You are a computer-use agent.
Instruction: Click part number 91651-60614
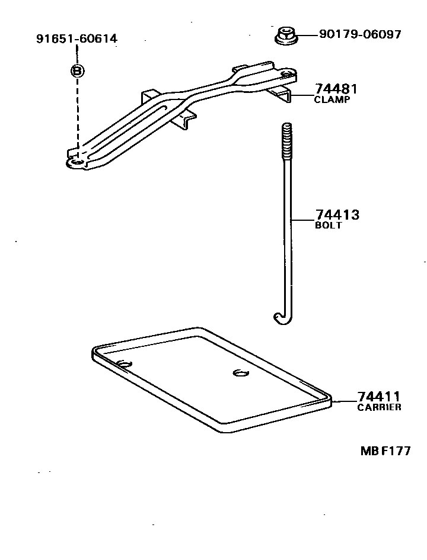[77, 40]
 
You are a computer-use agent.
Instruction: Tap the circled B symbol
[78, 70]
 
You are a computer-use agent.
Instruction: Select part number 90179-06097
[360, 34]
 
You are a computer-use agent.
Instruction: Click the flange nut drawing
[286, 36]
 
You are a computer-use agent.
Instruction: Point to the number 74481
[336, 89]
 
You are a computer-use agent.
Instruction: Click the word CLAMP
[332, 100]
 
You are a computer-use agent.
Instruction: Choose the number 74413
[337, 215]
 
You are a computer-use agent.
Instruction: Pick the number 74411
[379, 397]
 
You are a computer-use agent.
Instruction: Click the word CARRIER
[379, 407]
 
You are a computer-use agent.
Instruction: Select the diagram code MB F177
[385, 451]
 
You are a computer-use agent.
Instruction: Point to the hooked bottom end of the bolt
[281, 319]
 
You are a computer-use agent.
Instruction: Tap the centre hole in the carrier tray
[240, 372]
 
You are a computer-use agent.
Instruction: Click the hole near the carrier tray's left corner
[125, 363]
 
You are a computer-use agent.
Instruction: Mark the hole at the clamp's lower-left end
[75, 160]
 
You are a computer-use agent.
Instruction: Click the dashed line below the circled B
[78, 112]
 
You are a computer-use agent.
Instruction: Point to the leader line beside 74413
[302, 220]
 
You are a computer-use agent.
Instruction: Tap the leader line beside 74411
[345, 401]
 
